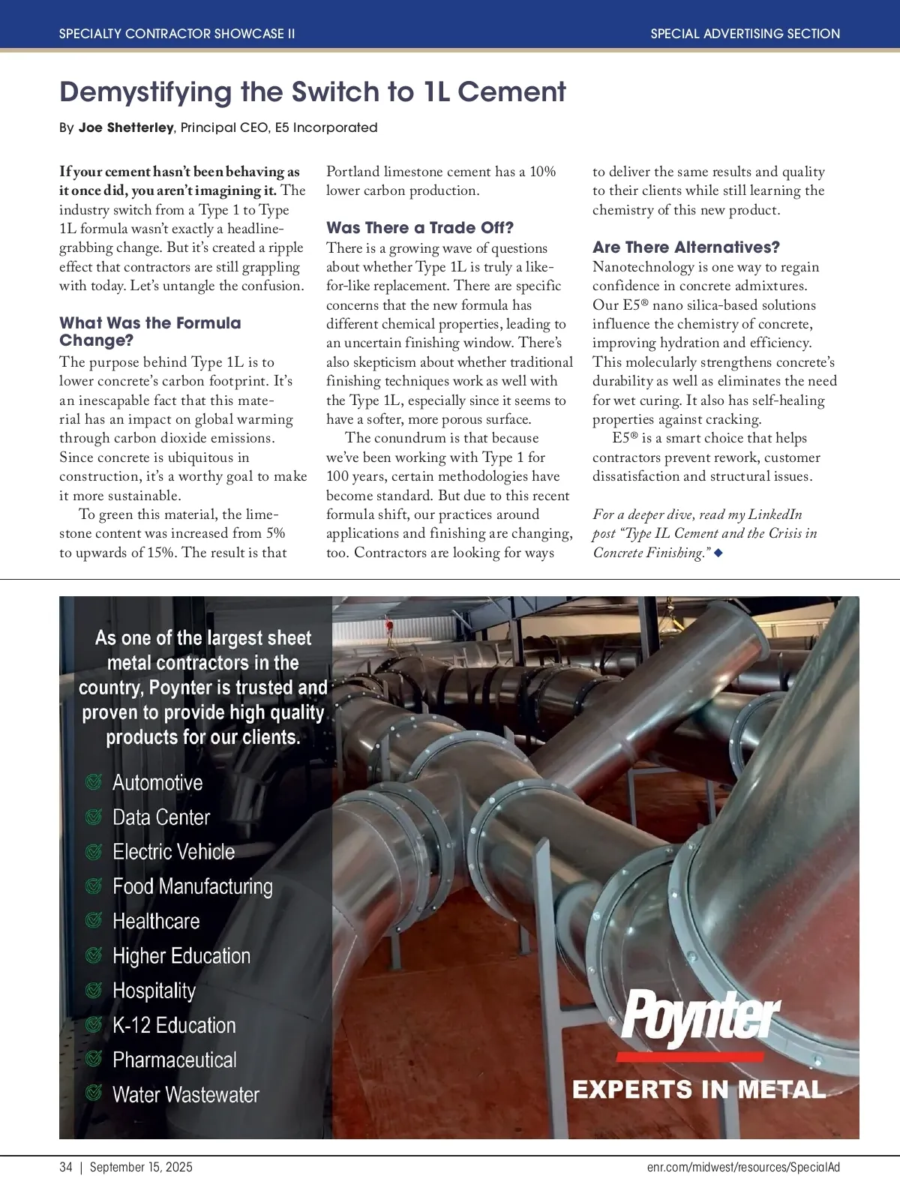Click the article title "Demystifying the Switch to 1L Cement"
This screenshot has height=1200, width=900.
[x=312, y=92]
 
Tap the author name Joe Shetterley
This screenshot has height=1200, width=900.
[x=126, y=127]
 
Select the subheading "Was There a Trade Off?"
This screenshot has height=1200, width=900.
[x=420, y=228]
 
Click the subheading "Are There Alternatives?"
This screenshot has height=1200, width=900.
[x=686, y=247]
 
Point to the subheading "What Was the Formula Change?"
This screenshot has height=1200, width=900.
[x=150, y=331]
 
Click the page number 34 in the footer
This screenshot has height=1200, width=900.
[x=66, y=1167]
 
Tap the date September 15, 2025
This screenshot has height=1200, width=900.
[x=141, y=1167]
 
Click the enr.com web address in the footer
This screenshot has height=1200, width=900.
[x=743, y=1167]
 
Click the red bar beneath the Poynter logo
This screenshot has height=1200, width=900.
[x=690, y=1057]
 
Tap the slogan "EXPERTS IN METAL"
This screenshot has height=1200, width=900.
[x=699, y=1090]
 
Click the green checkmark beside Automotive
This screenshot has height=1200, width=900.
[x=94, y=782]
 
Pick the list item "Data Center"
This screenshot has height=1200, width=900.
[x=161, y=817]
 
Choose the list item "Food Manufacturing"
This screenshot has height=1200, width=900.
[x=193, y=886]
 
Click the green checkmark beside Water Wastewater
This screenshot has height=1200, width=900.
[x=94, y=1094]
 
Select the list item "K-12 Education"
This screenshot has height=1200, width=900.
[x=174, y=1025]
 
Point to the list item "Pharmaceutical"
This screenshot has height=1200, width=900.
[x=175, y=1060]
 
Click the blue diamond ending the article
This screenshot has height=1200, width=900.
[x=718, y=553]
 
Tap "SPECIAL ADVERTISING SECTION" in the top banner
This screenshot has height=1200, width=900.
[x=745, y=34]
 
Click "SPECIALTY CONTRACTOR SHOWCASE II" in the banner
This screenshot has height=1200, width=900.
[x=177, y=34]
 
